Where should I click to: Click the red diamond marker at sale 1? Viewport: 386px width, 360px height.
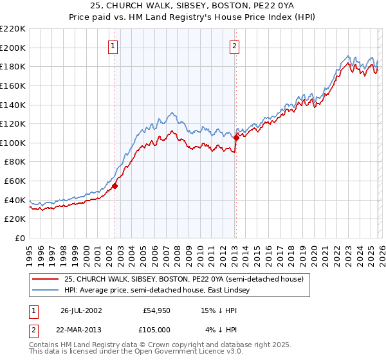pyautogui.click(x=115, y=186)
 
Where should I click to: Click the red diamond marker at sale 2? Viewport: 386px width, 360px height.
pyautogui.click(x=236, y=137)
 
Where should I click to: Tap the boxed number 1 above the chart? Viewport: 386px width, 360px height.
pyautogui.click(x=113, y=46)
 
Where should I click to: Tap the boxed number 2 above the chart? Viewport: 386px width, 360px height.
pyautogui.click(x=234, y=46)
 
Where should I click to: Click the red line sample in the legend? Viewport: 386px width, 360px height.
pyautogui.click(x=47, y=278)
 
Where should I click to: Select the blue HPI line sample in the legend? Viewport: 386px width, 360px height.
pyautogui.click(x=47, y=290)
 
